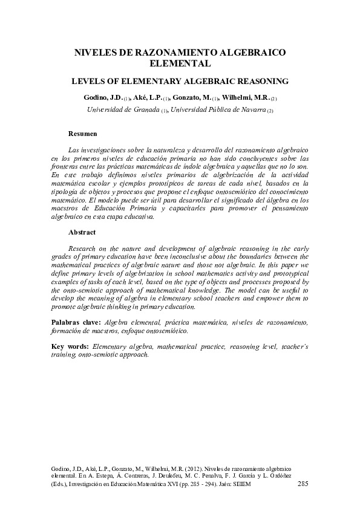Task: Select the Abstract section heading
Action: [x=82, y=232]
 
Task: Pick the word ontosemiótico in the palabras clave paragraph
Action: [x=165, y=331]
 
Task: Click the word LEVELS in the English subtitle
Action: [x=89, y=80]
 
